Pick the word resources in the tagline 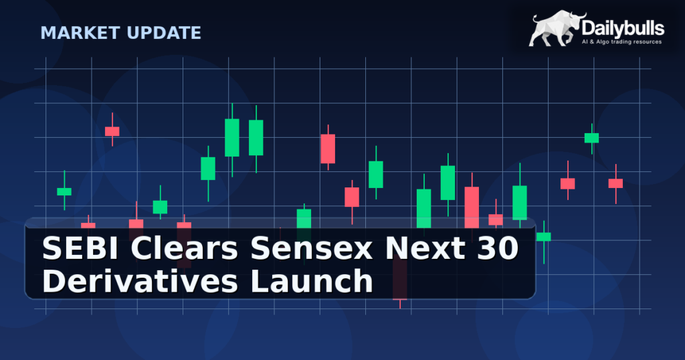(x=646, y=41)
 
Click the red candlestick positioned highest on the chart (x=112, y=131)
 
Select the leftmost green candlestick (x=64, y=191)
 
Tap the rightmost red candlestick (x=615, y=183)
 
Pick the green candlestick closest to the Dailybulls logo (x=591, y=138)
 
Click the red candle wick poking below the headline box (x=400, y=303)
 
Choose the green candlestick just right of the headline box (x=544, y=236)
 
